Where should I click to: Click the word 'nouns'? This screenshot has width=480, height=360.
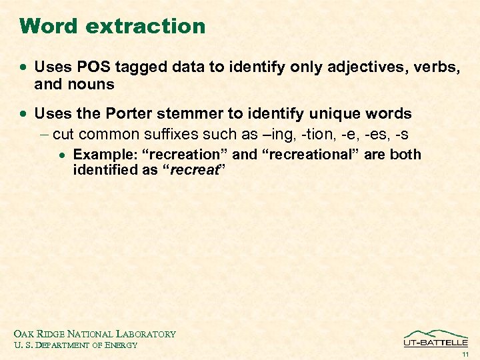pos(88,85)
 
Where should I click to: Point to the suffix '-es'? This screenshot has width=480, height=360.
pos(377,134)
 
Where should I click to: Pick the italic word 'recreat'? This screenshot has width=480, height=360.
pos(195,170)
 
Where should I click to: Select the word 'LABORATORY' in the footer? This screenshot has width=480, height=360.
pos(146,334)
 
